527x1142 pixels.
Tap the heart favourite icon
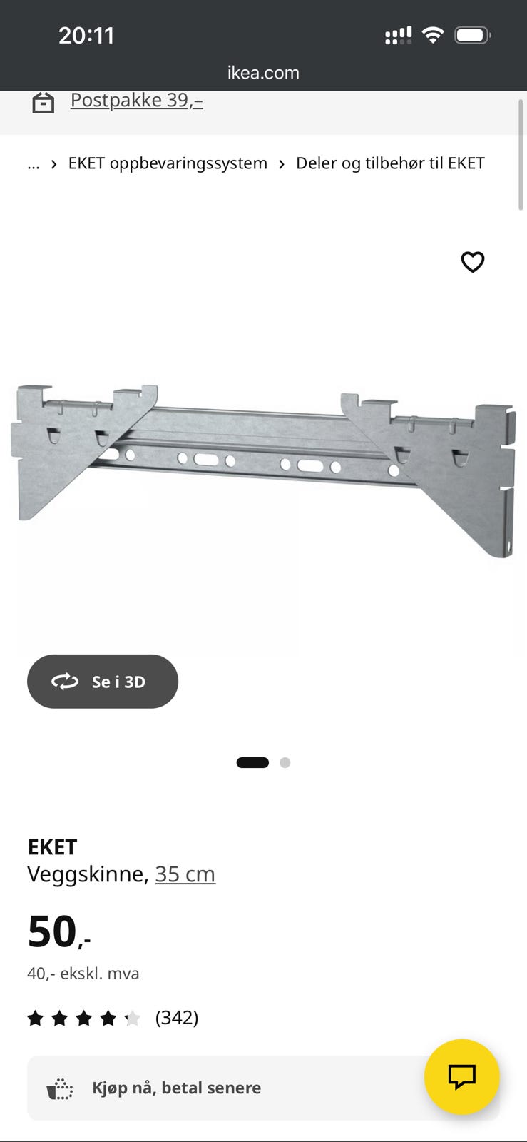(473, 262)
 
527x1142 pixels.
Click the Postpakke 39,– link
(136, 100)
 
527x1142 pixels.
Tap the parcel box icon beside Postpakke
(44, 103)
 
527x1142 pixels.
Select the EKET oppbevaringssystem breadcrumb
(168, 163)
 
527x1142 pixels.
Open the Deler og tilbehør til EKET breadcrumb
(390, 163)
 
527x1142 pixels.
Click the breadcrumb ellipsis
(34, 164)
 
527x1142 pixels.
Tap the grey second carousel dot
(285, 762)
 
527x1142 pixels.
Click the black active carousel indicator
(252, 762)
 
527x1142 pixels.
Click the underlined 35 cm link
(185, 874)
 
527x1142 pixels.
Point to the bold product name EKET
(53, 847)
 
